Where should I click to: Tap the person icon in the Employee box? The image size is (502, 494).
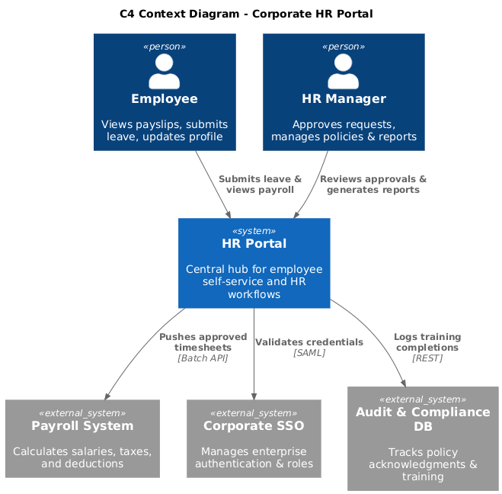click(x=164, y=72)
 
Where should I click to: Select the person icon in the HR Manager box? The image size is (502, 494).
click(x=343, y=72)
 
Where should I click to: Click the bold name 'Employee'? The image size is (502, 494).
click(x=164, y=99)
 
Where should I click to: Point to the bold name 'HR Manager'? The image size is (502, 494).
click(x=343, y=99)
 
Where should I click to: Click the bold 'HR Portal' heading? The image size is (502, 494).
click(x=254, y=244)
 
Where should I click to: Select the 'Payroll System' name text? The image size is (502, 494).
click(x=82, y=425)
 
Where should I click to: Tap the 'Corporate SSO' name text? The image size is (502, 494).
click(x=254, y=425)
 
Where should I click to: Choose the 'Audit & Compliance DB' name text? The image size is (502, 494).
click(x=423, y=419)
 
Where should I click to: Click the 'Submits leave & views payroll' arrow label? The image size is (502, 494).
click(x=260, y=184)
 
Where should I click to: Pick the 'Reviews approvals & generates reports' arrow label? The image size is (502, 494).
click(x=373, y=184)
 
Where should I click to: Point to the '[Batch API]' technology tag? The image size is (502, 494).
click(x=203, y=358)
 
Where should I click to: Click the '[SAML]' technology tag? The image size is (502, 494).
click(x=309, y=352)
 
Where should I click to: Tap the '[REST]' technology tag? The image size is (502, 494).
click(x=427, y=358)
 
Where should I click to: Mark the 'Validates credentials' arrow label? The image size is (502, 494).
click(x=309, y=342)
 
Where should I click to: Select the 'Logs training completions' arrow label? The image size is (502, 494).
click(x=427, y=342)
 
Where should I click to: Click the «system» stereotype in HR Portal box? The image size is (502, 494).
click(x=254, y=230)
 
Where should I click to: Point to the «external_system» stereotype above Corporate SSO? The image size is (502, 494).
click(x=254, y=412)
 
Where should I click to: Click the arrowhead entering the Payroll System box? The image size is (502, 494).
click(x=107, y=396)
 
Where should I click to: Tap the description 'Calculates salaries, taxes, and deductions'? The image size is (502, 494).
click(x=82, y=457)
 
